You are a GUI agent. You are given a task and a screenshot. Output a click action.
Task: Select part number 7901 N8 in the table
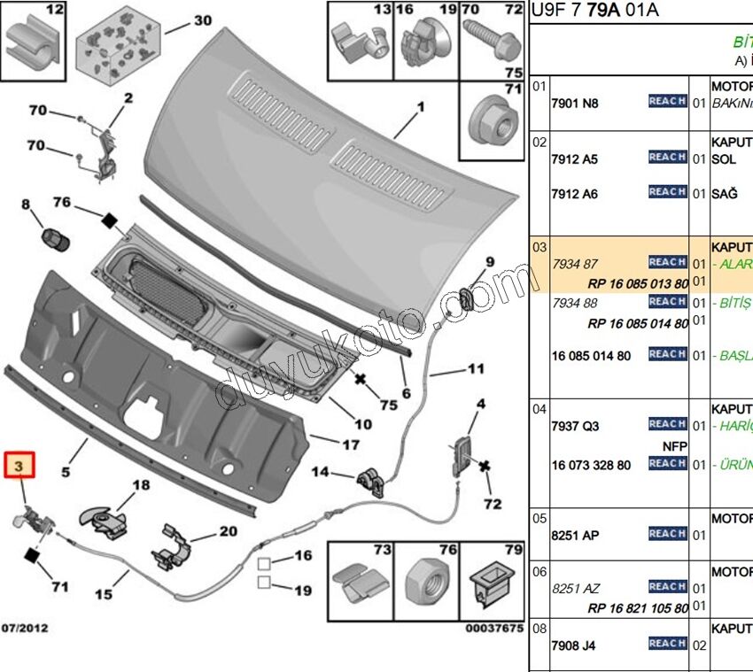coord(574,104)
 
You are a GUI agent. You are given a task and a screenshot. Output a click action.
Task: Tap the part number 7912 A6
coord(574,194)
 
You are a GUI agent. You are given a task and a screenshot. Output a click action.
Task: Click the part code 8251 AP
coord(575,536)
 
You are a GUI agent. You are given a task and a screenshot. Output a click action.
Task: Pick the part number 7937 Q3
coord(575,426)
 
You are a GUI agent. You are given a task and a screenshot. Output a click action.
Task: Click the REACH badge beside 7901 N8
coord(667,102)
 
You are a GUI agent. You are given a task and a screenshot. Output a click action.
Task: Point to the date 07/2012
coord(24,629)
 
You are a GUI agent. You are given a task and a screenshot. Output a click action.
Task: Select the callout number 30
coord(203,20)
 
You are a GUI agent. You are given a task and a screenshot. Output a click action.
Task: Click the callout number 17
coord(352,444)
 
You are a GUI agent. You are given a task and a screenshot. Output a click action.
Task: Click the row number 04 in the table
coord(540,409)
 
